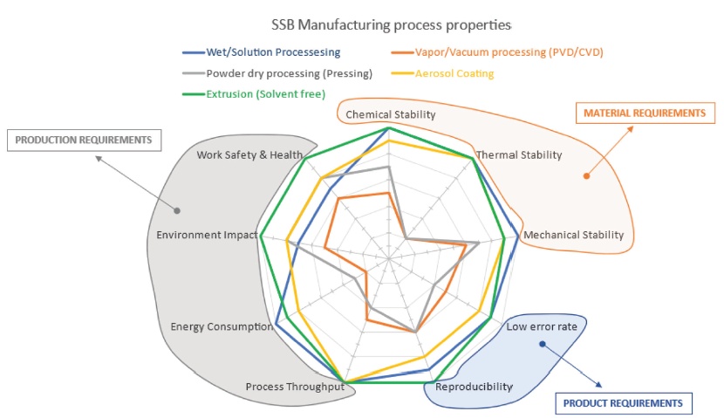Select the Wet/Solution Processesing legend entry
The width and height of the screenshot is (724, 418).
263,52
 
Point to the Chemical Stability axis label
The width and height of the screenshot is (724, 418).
390,114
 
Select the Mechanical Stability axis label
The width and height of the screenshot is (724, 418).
572,235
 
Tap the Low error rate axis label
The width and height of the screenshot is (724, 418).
542,327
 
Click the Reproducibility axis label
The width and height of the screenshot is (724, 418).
474,387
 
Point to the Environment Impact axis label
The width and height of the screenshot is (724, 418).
207,235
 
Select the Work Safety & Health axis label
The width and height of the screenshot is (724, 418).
249,155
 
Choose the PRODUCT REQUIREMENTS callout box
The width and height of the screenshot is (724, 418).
623,403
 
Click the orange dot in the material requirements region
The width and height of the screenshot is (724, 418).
586,175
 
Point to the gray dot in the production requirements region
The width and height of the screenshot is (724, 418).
178,210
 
